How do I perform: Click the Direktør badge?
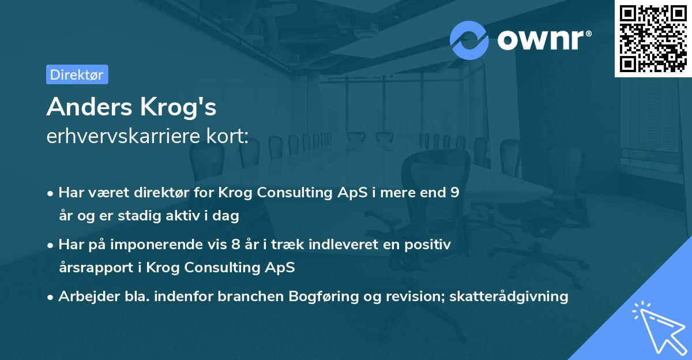click(77, 74)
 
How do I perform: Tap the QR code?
click(653, 38)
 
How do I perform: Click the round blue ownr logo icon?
click(469, 40)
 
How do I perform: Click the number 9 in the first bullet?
click(454, 193)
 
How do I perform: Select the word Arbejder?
click(85, 297)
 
